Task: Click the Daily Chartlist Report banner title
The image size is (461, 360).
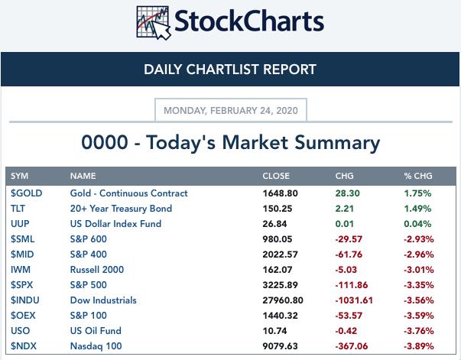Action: tap(230, 70)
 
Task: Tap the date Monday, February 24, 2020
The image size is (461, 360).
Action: tap(231, 110)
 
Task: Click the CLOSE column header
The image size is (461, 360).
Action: tap(277, 177)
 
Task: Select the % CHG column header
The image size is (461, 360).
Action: tap(418, 177)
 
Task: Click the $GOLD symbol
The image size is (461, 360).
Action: tap(26, 193)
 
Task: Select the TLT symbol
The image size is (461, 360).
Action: tap(18, 209)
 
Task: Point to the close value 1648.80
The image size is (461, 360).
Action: tap(280, 193)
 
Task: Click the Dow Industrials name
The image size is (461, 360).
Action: tap(103, 300)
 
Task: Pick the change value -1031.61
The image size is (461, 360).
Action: tap(354, 300)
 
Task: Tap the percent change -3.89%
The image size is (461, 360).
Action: tap(418, 346)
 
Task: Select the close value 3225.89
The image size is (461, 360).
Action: tap(280, 285)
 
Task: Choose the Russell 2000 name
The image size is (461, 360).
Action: tap(96, 270)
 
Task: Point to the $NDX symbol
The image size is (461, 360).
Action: tap(24, 346)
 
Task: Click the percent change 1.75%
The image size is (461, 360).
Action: tap(417, 193)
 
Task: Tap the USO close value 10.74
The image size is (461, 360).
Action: tap(274, 331)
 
